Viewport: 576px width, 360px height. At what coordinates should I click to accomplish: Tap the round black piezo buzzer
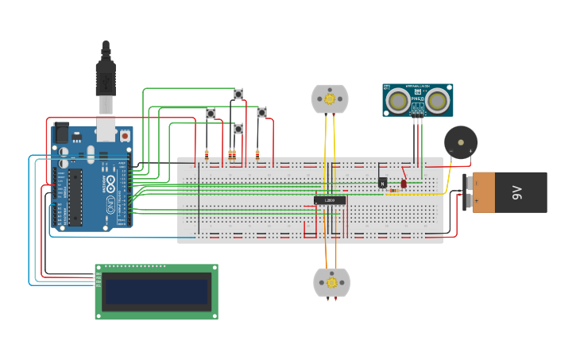coord(461,142)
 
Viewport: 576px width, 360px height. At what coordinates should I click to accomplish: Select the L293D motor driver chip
coord(330,200)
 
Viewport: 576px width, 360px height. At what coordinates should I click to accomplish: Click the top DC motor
coord(330,99)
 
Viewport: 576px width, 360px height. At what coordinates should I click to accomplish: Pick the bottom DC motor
coord(331,282)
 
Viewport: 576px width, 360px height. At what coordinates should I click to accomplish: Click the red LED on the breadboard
coord(404,184)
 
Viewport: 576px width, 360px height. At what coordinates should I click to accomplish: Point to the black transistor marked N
coord(383,182)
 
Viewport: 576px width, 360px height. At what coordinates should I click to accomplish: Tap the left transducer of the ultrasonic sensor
coord(398,101)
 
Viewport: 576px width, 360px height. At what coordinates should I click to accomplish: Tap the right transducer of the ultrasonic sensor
coord(436,101)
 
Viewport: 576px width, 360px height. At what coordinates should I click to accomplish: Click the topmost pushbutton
coord(238,95)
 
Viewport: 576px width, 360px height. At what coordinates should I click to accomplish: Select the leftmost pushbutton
coord(211,114)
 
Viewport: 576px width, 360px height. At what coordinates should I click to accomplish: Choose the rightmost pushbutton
coord(261,113)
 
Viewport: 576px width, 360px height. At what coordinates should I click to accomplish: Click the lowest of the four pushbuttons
coord(238,129)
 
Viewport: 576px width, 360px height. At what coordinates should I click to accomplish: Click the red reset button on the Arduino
coord(125,136)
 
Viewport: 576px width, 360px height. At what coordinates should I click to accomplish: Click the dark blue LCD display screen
coord(157,292)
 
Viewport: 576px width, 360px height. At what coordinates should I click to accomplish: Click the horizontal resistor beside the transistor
coord(393,191)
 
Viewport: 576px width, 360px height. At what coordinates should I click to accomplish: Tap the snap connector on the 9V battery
coord(468,192)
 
